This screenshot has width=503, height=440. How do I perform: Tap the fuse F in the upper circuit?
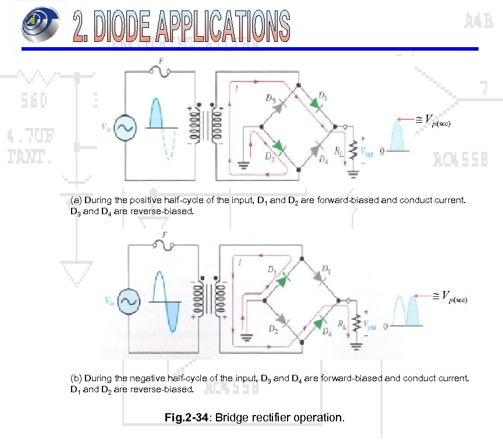pos(160,70)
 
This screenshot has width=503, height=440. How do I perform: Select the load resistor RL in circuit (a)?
pos(350,151)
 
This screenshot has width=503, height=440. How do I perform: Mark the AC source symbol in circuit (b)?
pos(128,301)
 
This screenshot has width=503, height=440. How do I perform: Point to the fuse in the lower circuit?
pos(162,245)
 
